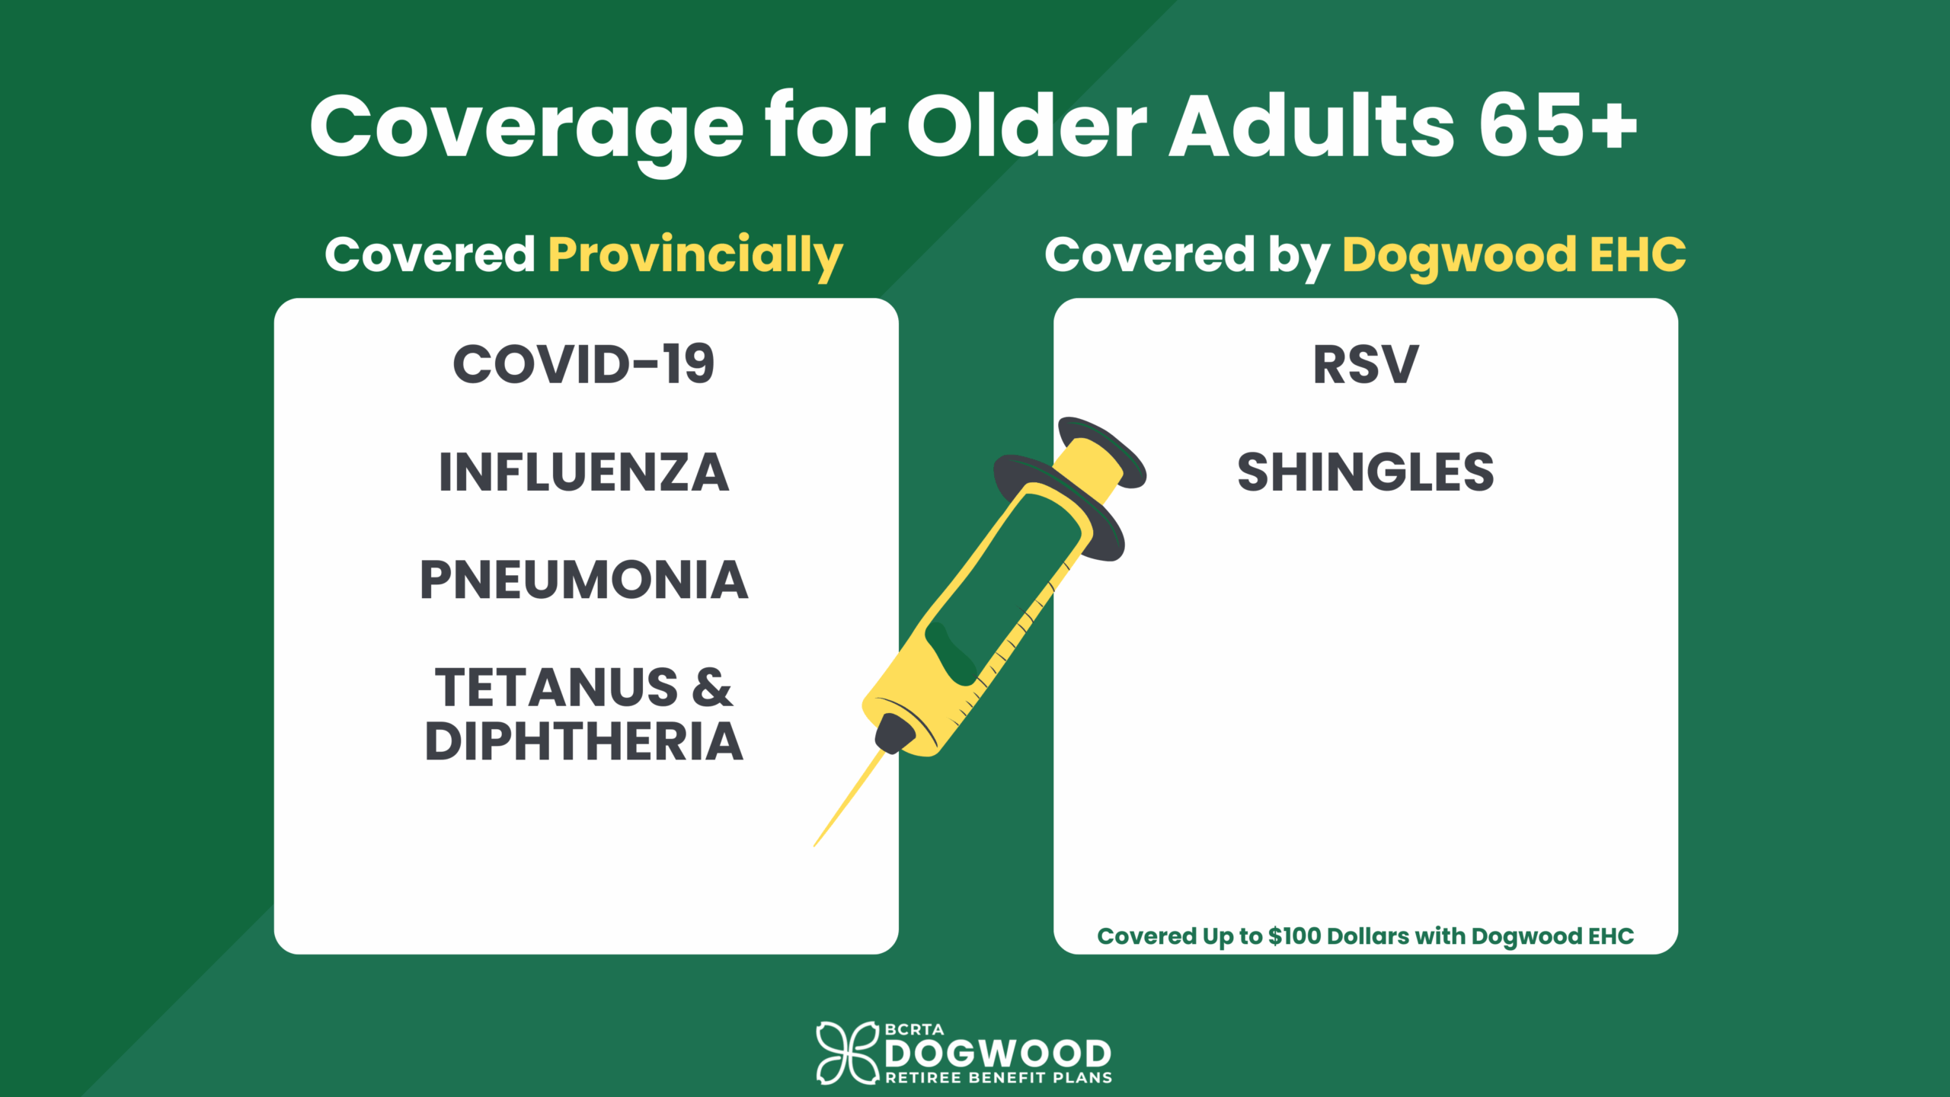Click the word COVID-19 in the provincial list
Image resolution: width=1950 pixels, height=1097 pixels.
[x=583, y=364]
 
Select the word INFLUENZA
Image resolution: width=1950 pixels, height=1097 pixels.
[x=583, y=472]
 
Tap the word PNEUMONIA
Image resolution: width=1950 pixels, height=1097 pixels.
[x=583, y=580]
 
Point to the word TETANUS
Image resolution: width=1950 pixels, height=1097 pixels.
[x=556, y=688]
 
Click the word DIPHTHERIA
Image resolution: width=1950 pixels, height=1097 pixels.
[x=583, y=741]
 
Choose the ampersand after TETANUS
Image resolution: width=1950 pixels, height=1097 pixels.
[x=712, y=688]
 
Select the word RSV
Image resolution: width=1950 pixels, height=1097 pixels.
[x=1366, y=364]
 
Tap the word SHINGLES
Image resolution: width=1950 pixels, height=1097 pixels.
[x=1366, y=472]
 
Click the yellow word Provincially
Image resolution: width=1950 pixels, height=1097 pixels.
[x=695, y=256]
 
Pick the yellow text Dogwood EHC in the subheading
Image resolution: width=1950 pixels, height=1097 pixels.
[x=1514, y=256]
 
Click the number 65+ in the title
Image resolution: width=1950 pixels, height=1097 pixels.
[x=1558, y=126]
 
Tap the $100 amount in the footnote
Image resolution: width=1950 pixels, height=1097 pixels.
[x=1294, y=935]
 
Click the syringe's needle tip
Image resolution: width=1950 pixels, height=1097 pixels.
[x=815, y=845]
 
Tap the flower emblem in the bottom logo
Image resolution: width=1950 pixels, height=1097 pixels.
[x=847, y=1053]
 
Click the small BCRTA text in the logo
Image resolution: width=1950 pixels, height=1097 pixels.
[x=914, y=1029]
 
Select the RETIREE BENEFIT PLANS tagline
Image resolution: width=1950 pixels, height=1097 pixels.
[x=999, y=1078]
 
